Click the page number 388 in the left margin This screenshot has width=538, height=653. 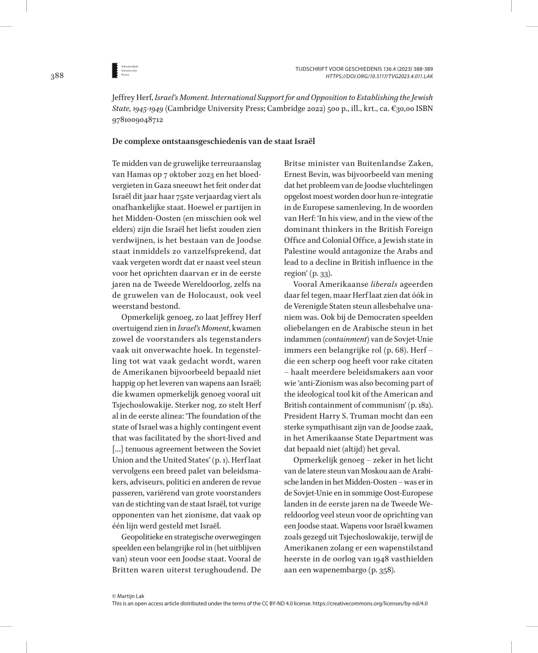click(57, 76)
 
